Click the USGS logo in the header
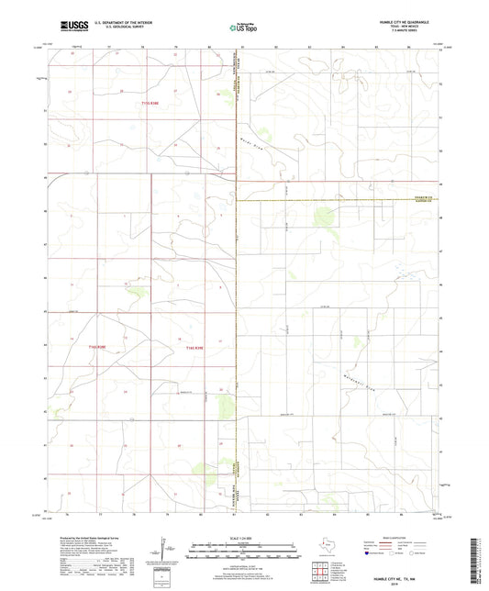coord(73,26)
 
